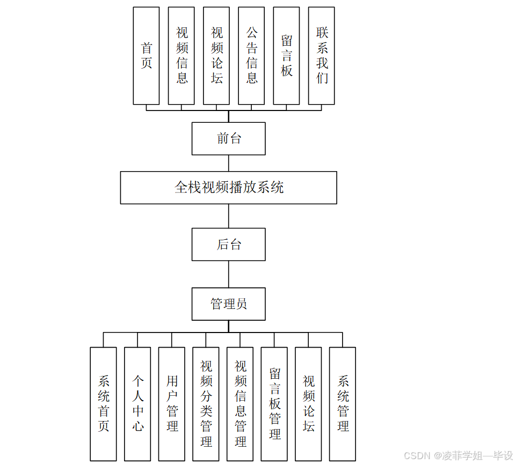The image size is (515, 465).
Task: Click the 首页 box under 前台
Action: [x=146, y=56]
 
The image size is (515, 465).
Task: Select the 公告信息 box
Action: [x=251, y=56]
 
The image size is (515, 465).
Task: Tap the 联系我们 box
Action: [x=321, y=56]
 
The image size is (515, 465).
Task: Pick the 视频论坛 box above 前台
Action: [x=216, y=56]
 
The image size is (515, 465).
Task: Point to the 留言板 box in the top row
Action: [x=286, y=56]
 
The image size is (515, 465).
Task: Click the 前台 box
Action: [x=229, y=138]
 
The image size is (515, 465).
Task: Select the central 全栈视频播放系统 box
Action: [x=229, y=188]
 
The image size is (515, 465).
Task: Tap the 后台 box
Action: [x=229, y=245]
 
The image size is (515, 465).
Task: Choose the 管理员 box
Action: [x=229, y=304]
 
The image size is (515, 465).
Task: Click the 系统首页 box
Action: [x=103, y=404]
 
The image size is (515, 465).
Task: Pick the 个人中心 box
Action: [x=137, y=404]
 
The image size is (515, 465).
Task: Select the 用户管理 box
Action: [x=172, y=404]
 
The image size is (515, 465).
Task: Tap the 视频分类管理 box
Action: [x=206, y=404]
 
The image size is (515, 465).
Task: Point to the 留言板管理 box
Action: [x=274, y=404]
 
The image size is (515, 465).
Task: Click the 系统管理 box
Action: [x=343, y=404]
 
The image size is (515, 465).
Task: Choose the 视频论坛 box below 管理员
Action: [x=308, y=404]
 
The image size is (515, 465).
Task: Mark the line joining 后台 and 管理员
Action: [x=229, y=274]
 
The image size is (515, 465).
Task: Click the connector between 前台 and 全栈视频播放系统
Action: [x=229, y=163]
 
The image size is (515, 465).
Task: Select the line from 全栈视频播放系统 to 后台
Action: [x=229, y=216]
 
